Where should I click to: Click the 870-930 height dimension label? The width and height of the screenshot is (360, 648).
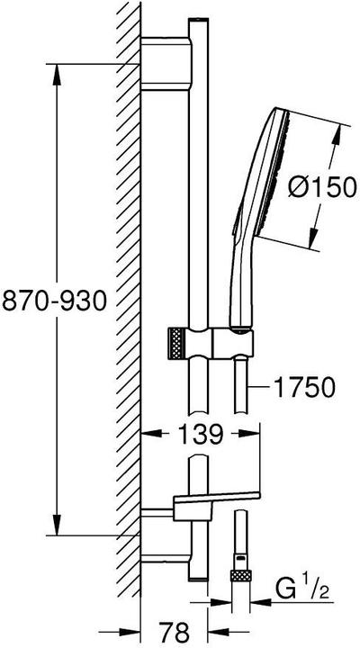click(x=54, y=301)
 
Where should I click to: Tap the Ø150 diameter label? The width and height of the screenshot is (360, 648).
click(x=323, y=187)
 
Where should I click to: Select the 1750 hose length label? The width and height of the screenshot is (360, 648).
click(x=304, y=388)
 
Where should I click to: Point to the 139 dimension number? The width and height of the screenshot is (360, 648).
click(x=201, y=434)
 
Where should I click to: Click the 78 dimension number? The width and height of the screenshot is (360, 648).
click(x=174, y=632)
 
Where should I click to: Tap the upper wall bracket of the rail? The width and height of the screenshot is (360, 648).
click(x=166, y=63)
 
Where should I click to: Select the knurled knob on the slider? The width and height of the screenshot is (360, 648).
click(x=175, y=344)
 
